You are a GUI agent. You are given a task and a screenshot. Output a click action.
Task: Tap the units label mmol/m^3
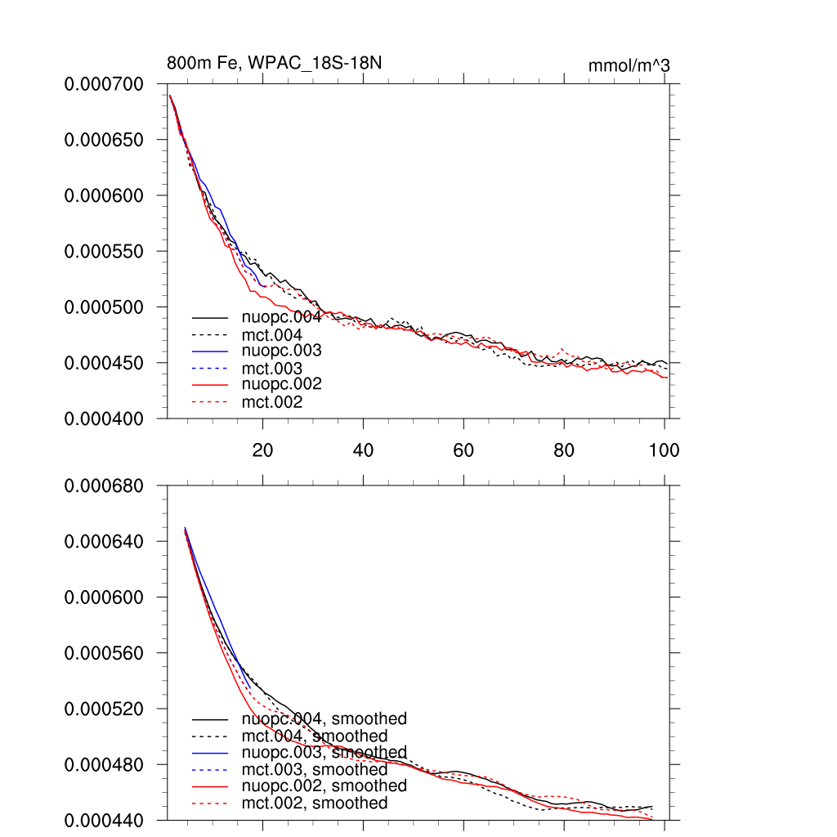click(x=629, y=65)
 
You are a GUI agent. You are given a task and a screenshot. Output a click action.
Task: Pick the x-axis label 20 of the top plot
click(x=262, y=450)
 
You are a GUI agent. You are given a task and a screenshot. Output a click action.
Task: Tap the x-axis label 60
click(x=463, y=450)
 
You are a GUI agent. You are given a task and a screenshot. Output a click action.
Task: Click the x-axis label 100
click(x=664, y=450)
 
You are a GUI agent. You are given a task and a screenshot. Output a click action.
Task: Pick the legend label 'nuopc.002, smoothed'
click(x=325, y=786)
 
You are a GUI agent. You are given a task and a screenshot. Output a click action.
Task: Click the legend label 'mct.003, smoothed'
click(x=315, y=769)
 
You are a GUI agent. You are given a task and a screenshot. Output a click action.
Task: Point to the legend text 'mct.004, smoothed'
click(x=315, y=736)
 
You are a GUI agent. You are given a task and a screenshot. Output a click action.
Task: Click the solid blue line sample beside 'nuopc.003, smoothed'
click(x=209, y=753)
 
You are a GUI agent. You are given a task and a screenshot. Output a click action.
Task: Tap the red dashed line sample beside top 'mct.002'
click(x=209, y=402)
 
